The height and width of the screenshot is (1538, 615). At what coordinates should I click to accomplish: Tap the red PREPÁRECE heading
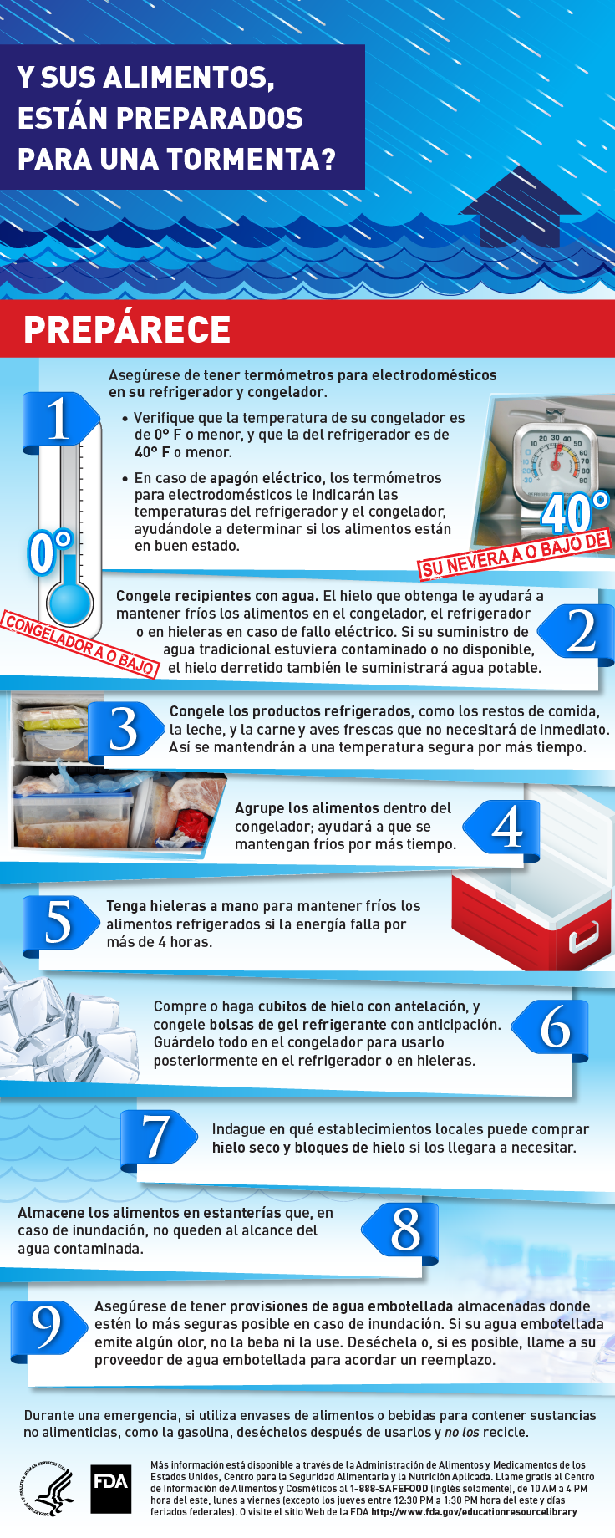pyautogui.click(x=127, y=329)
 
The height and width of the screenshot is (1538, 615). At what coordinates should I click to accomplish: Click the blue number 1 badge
pyautogui.click(x=60, y=418)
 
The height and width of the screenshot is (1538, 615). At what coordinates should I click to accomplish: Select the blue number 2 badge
pyautogui.click(x=577, y=631)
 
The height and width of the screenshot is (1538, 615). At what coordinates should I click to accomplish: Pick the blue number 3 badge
pyautogui.click(x=125, y=730)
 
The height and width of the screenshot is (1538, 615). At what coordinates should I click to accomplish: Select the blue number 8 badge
pyautogui.click(x=401, y=1230)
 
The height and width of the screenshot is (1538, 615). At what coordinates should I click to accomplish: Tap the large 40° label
pyautogui.click(x=577, y=511)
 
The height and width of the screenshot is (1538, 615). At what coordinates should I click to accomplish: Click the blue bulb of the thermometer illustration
pyautogui.click(x=69, y=601)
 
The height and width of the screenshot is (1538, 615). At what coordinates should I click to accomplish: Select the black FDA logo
pyautogui.click(x=111, y=1489)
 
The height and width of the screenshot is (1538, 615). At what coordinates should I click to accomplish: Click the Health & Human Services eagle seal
pyautogui.click(x=48, y=1489)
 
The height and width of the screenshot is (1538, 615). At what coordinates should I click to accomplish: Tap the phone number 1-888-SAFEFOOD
pyautogui.click(x=389, y=1489)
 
